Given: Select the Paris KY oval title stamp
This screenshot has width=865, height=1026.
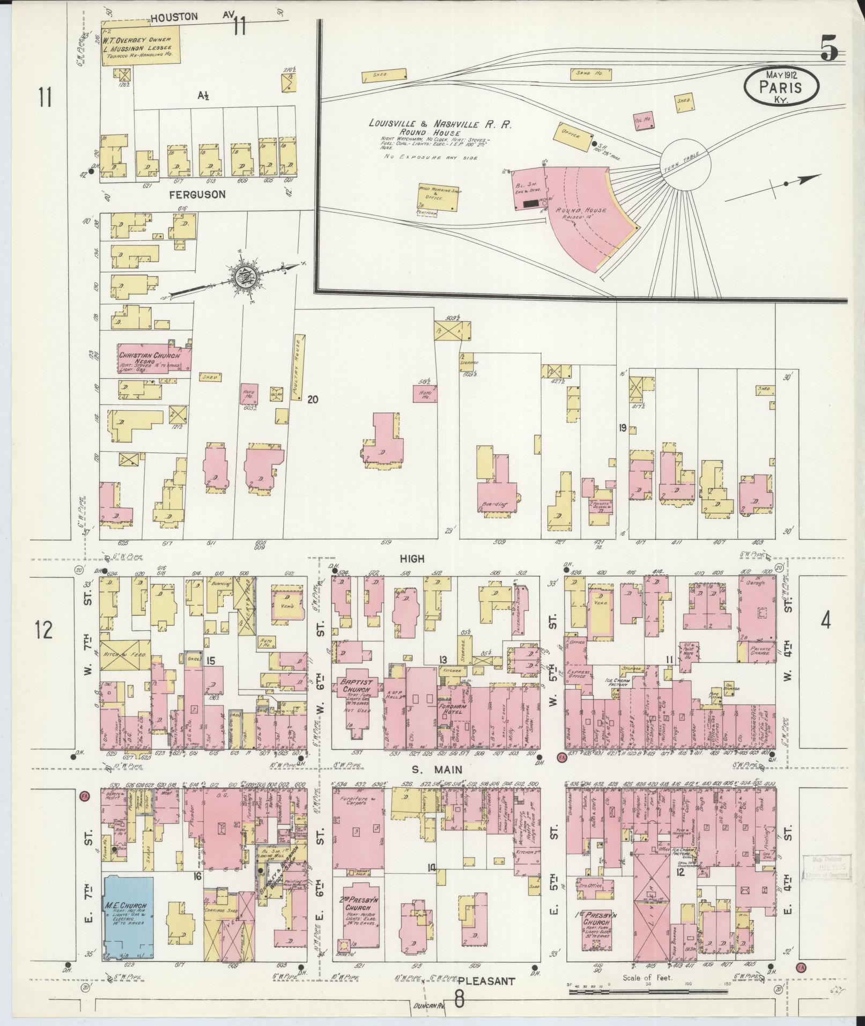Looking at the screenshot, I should pyautogui.click(x=782, y=85).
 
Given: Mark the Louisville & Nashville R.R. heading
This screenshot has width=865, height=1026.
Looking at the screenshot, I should pyautogui.click(x=439, y=124).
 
